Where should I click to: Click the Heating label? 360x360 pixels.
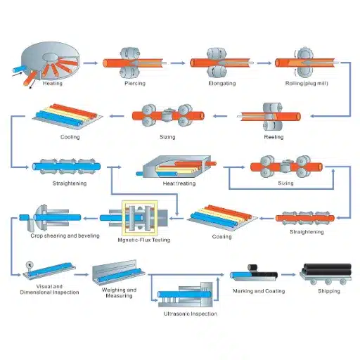[x=52, y=84]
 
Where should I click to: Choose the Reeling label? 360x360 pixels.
[x=274, y=136]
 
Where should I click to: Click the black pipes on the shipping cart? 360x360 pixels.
[x=326, y=271]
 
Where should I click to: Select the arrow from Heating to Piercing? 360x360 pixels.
[x=91, y=63]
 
